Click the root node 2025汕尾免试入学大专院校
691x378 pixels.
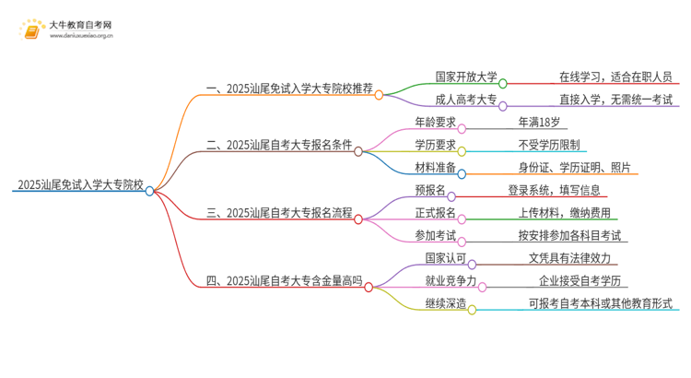[79, 183]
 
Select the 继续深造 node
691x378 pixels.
[438, 304]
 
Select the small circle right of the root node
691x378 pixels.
[149, 190]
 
